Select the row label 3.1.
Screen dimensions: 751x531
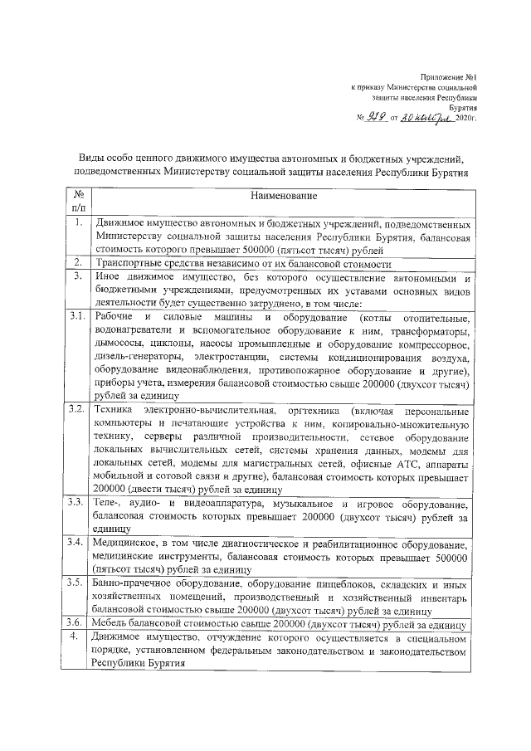(77, 318)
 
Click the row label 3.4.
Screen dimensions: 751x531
(77, 543)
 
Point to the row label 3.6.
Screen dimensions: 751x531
(77, 622)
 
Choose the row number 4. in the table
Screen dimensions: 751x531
(76, 636)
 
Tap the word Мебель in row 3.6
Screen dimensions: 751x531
(111, 623)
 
